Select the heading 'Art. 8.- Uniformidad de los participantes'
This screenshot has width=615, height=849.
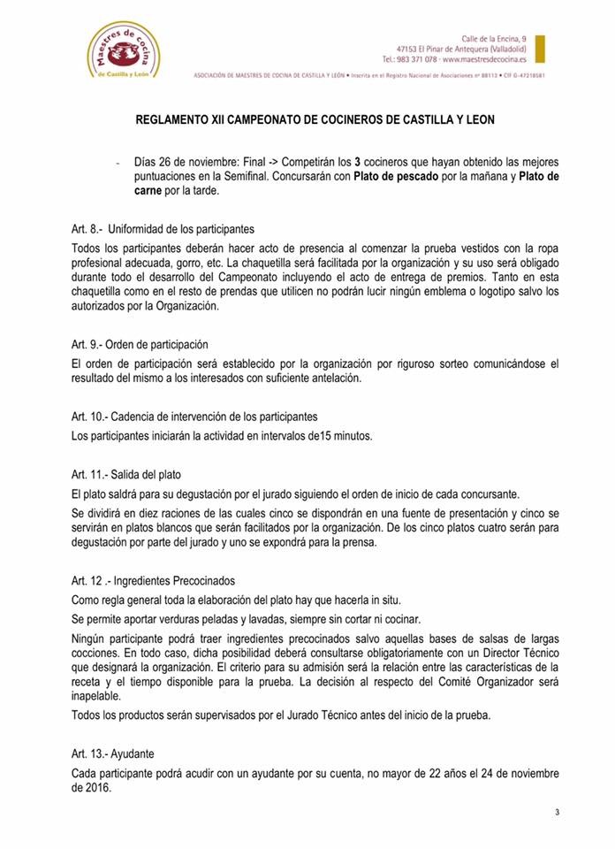tap(163, 228)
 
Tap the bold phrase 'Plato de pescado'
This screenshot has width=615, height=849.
tap(393, 176)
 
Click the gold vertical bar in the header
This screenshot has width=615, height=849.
tap(540, 49)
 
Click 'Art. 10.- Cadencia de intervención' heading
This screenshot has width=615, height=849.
tap(194, 416)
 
